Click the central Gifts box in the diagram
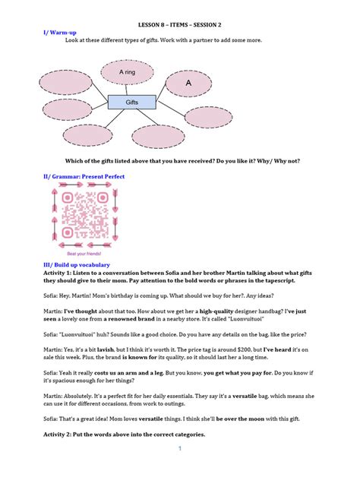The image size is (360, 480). (131, 101)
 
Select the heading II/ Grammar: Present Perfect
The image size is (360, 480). (84, 176)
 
